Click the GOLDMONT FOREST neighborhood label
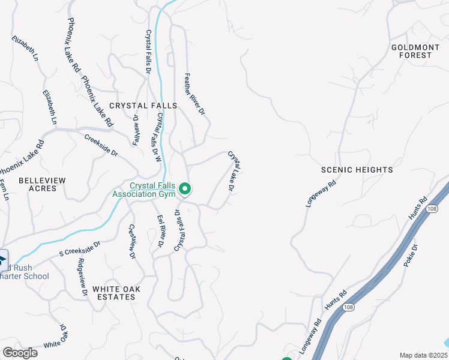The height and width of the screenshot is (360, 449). pos(411,51)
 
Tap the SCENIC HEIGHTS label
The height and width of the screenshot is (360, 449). pos(357,170)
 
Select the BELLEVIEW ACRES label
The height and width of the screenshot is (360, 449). pos(37,184)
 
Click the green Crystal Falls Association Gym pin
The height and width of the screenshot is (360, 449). pos(185,190)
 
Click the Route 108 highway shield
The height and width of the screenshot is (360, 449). pos(349,307)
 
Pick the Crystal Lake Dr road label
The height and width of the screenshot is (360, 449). pos(234,171)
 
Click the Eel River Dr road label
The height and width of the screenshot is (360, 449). pos(160,231)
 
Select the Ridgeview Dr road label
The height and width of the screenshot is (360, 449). pos(82,277)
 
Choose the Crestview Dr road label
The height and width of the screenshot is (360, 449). pos(133,242)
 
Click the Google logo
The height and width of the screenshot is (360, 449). pos(20,353)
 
